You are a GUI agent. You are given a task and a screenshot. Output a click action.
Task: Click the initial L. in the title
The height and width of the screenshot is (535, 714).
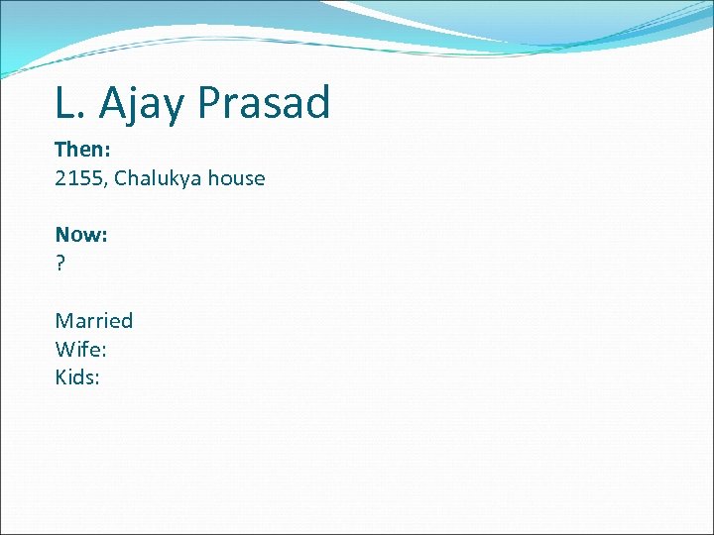[x=69, y=103]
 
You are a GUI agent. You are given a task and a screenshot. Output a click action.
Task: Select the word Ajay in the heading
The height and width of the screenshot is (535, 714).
[x=135, y=103]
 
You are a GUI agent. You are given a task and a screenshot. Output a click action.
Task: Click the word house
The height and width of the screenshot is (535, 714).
[x=236, y=179]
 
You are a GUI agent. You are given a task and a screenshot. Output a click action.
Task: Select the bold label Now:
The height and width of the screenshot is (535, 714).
[x=81, y=235]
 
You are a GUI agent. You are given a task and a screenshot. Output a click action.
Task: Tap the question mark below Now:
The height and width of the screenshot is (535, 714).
[x=60, y=265]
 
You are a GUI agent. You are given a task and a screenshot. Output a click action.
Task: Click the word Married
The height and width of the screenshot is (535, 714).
[x=94, y=321]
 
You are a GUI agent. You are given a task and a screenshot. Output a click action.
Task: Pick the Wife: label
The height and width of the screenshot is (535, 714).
[x=81, y=349]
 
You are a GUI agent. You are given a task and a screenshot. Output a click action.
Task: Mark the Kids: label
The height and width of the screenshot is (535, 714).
[x=77, y=377]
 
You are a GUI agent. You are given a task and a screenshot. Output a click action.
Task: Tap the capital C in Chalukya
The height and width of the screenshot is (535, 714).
[x=121, y=179]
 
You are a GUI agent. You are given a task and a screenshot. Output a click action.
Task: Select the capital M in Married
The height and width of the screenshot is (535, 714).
[x=63, y=321]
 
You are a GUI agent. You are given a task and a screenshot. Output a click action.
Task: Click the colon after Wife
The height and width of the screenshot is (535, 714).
[x=105, y=351]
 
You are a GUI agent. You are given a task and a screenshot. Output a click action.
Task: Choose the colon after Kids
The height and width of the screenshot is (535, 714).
[x=97, y=379]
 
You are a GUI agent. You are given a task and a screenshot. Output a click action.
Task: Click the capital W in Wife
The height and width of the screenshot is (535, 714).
[x=64, y=349]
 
